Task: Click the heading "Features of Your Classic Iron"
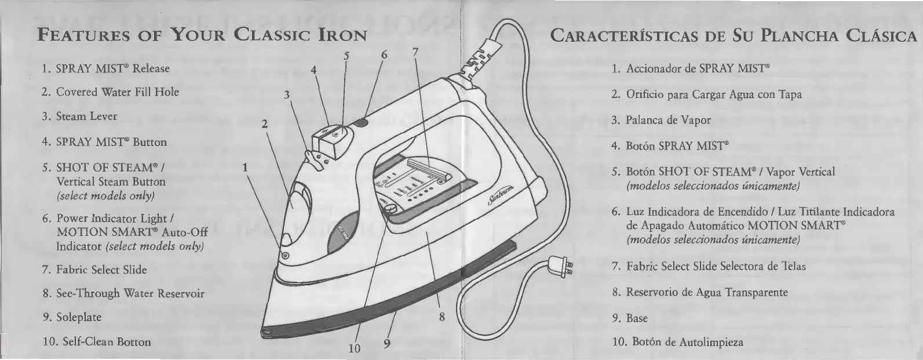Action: point(203,35)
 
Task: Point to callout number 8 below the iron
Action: point(442,317)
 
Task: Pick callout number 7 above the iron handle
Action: point(415,52)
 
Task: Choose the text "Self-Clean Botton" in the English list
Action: point(96,342)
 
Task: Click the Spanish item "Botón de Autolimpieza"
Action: point(677,343)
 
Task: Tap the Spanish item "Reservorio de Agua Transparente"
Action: point(699,292)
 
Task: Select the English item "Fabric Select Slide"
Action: point(94,270)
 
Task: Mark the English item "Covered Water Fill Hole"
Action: point(110,92)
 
